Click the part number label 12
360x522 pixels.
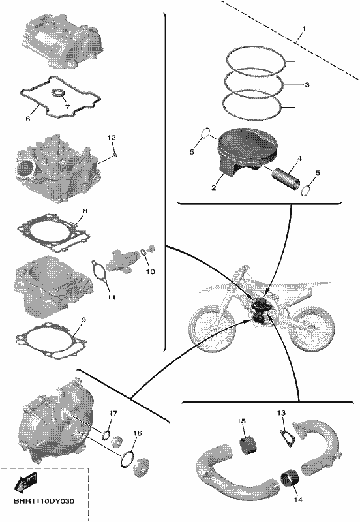click(x=112, y=138)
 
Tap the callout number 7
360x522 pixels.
click(x=68, y=107)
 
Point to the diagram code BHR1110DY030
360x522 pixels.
click(x=44, y=501)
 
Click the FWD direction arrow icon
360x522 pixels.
click(x=25, y=482)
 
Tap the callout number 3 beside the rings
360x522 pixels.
click(x=307, y=85)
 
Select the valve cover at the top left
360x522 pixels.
click(x=63, y=40)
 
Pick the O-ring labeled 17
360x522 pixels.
click(x=106, y=435)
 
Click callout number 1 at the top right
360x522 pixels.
click(x=303, y=28)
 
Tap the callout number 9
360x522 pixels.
click(x=83, y=320)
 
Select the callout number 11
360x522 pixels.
click(x=112, y=298)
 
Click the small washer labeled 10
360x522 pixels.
click(x=143, y=254)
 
